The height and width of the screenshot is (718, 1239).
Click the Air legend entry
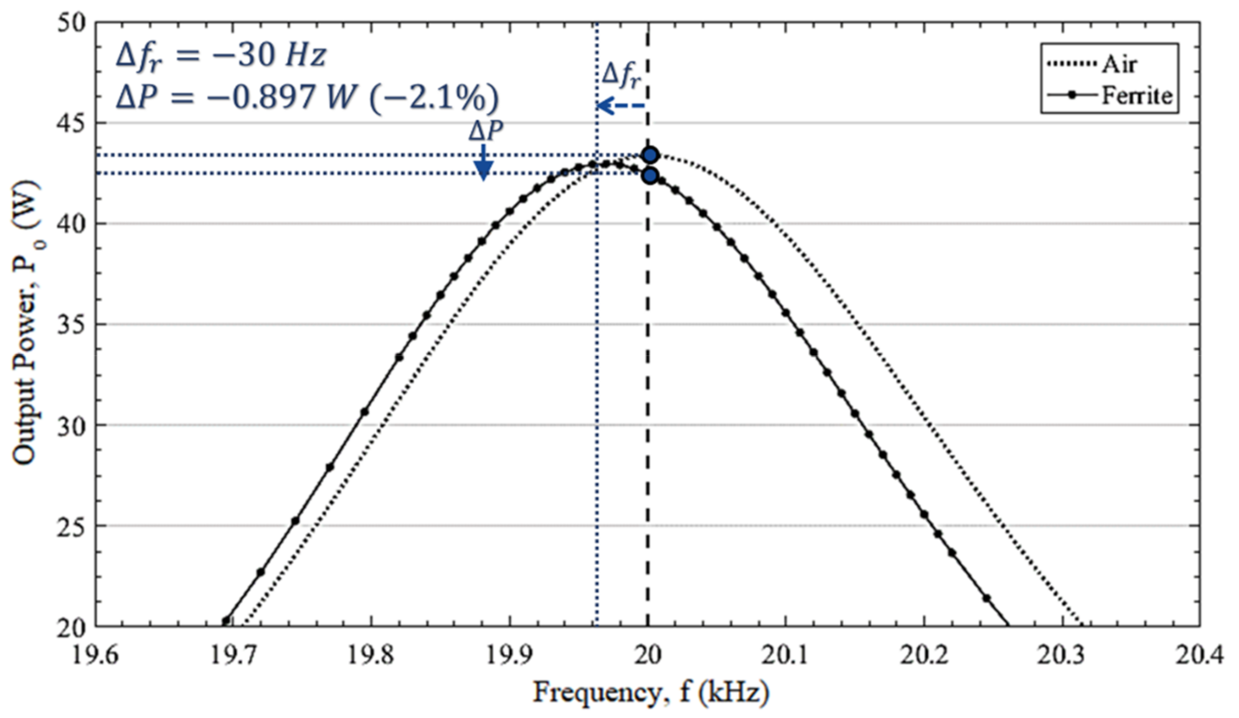pyautogui.click(x=1119, y=64)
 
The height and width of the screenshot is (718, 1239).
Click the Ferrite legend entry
pyautogui.click(x=1136, y=96)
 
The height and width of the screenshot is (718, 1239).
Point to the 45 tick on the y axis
pyautogui.click(x=73, y=123)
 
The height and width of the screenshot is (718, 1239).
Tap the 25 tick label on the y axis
pyautogui.click(x=73, y=526)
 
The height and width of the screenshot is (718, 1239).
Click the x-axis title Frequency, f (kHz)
pyautogui.click(x=651, y=693)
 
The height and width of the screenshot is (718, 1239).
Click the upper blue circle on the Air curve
pyautogui.click(x=651, y=155)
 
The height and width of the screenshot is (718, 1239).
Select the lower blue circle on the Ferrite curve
pyautogui.click(x=651, y=176)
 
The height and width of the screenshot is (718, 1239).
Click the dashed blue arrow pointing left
pyautogui.click(x=621, y=105)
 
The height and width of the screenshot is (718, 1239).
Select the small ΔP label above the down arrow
pyautogui.click(x=485, y=132)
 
